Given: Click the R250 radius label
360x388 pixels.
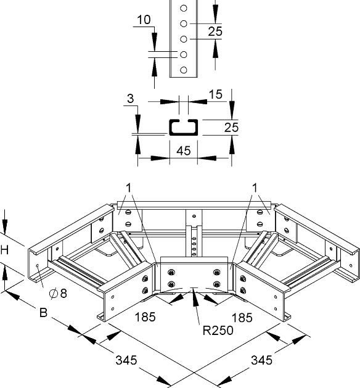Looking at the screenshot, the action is [x=218, y=330].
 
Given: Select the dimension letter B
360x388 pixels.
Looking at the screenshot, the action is [x=43, y=313].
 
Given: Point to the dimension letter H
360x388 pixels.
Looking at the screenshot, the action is [x=4, y=250].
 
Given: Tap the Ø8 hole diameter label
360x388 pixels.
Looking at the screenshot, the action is [x=58, y=294].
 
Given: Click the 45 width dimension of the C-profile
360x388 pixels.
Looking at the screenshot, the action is [x=184, y=151].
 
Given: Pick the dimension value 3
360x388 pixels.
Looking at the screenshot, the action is [x=130, y=99].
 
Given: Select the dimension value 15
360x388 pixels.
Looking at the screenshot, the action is [x=215, y=94].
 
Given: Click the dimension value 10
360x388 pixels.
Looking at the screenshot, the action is [x=144, y=20].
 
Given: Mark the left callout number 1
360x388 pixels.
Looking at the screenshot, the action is [x=128, y=188].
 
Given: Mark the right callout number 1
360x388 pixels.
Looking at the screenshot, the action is [x=255, y=188].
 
